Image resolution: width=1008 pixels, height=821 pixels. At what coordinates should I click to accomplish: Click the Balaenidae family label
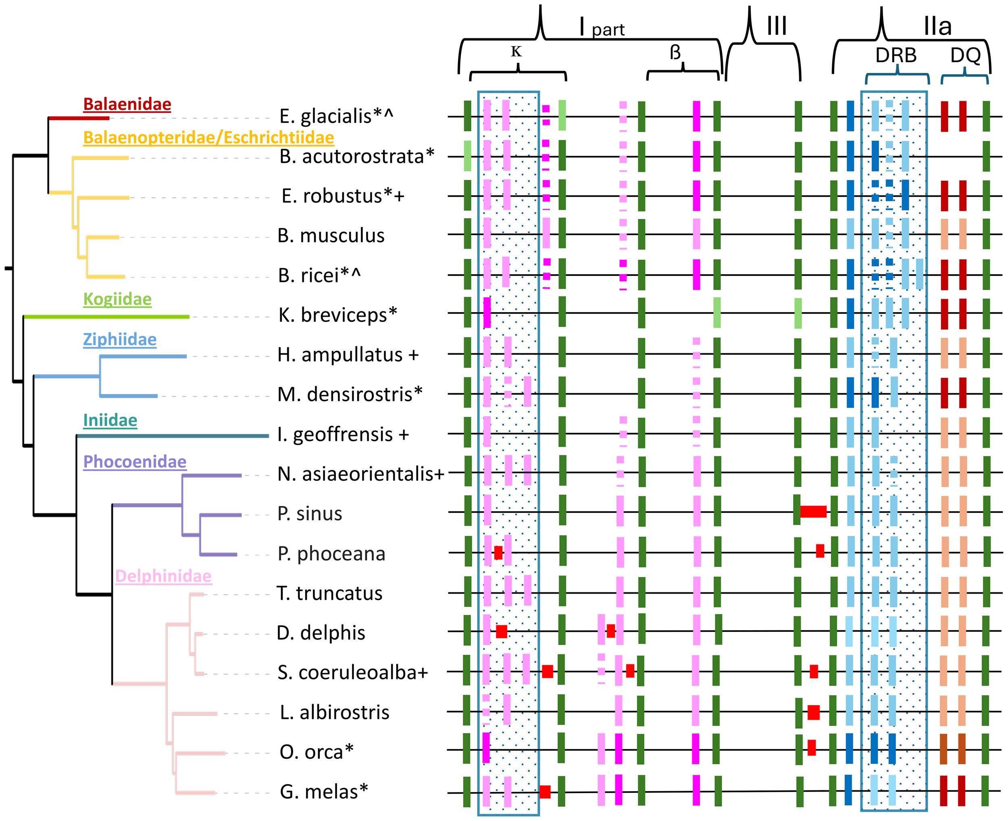coord(127,104)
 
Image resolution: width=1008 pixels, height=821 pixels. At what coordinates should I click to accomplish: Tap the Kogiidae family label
coord(117,299)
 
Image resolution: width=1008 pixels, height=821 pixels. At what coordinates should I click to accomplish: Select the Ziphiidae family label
coord(120,339)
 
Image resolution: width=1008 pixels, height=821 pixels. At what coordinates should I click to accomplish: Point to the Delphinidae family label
coord(163,575)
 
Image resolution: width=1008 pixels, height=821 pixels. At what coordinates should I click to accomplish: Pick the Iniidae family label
coord(110,420)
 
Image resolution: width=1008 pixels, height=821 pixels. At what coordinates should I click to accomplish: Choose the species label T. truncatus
coord(329,593)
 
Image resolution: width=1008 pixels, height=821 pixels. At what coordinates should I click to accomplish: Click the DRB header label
coord(896,55)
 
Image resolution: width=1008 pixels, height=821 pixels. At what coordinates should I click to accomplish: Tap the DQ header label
coord(965,55)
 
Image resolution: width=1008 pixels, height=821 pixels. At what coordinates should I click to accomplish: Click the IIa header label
coord(937,27)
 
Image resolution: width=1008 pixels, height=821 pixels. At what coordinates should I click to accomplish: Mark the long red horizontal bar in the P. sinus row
coord(813,511)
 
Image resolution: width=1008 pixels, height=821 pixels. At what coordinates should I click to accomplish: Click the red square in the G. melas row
coord(545,792)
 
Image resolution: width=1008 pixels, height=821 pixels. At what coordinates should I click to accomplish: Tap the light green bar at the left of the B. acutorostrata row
coord(467,156)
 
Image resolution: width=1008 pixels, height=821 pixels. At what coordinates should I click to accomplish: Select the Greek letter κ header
coord(516,51)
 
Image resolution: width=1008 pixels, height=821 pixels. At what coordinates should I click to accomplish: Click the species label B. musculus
coord(331,235)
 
